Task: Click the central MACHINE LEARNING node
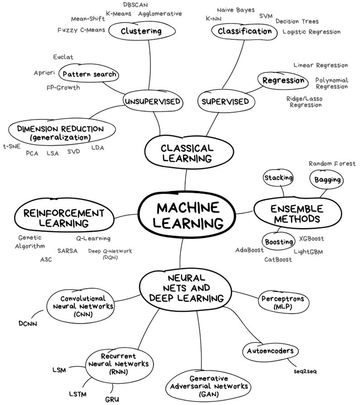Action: click(x=184, y=215)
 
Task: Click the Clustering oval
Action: click(x=141, y=31)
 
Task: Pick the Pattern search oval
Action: click(x=89, y=74)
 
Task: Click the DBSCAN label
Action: click(x=136, y=5)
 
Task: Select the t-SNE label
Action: click(x=11, y=146)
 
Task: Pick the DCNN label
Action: click(x=28, y=324)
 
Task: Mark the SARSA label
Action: click(x=67, y=250)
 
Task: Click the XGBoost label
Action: click(x=312, y=238)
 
